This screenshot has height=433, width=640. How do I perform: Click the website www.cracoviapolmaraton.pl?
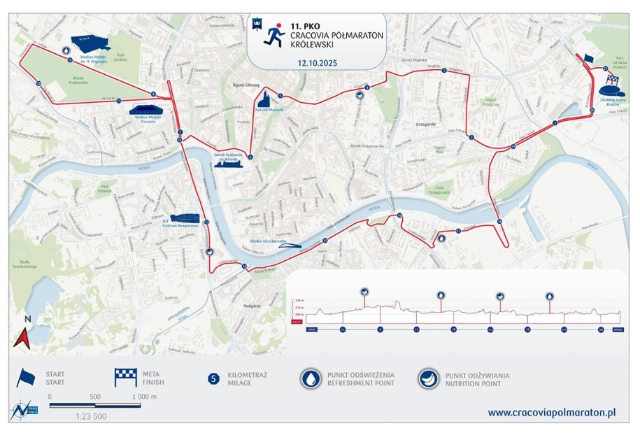pyautogui.click(x=551, y=413)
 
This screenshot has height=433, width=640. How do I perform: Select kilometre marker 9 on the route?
pyautogui.click(x=70, y=60)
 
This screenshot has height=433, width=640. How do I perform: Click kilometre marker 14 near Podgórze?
pyautogui.click(x=244, y=267)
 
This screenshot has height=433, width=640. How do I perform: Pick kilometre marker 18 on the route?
pyautogui.click(x=499, y=222)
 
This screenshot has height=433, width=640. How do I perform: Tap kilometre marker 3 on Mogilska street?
pyautogui.click(x=443, y=71)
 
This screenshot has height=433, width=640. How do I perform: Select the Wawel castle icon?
pyautogui.click(x=231, y=161)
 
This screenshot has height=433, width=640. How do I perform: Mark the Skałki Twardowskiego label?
pyautogui.click(x=24, y=265)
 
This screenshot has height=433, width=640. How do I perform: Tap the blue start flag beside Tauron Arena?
pyautogui.click(x=588, y=58)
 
